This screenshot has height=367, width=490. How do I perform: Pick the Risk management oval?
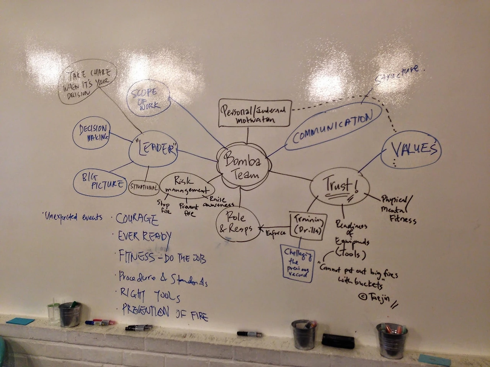(187, 186)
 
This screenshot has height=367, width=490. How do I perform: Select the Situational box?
(144, 187)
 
